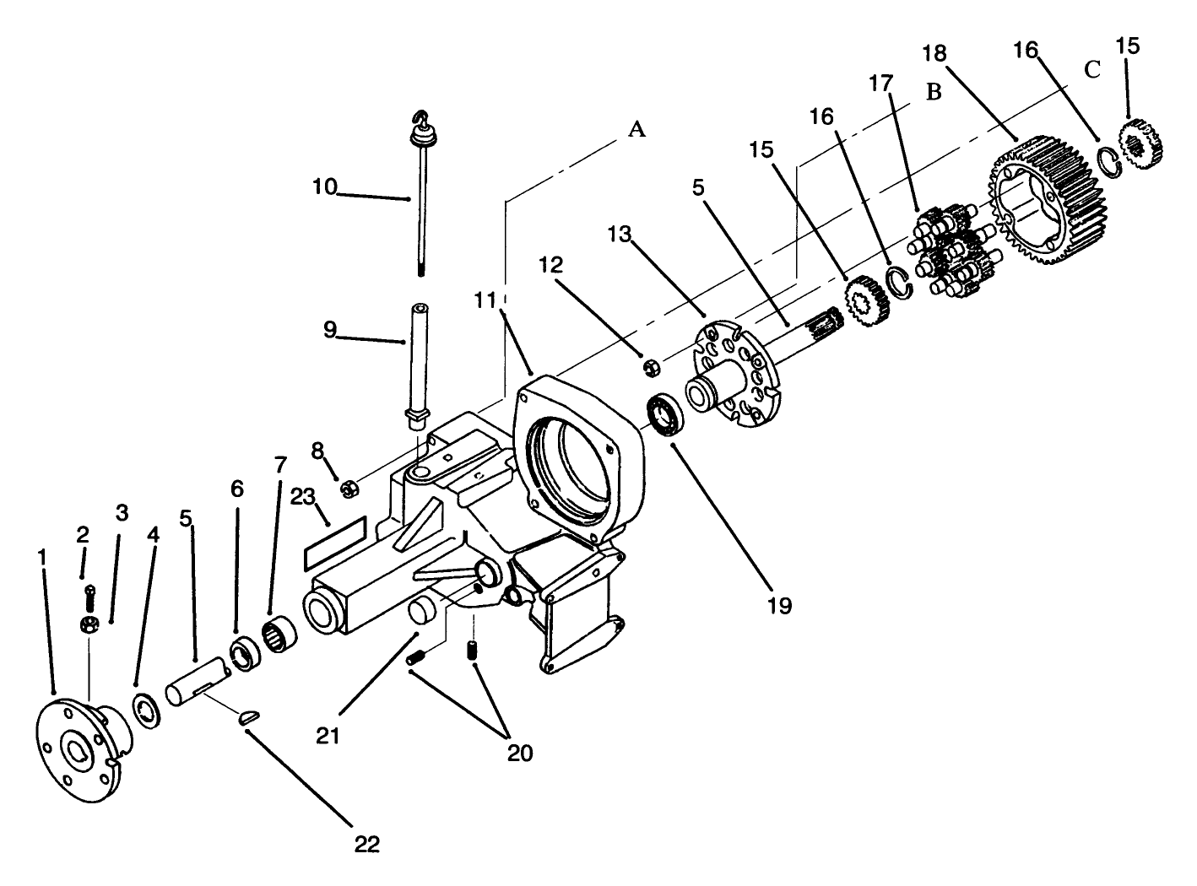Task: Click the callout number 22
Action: pos(368,843)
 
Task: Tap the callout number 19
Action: pos(780,604)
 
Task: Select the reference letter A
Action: pos(637,129)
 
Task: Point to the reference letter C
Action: pos(1091,70)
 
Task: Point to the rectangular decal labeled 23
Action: pos(333,543)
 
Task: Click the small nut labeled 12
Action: pos(651,366)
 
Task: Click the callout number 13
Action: pos(620,234)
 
